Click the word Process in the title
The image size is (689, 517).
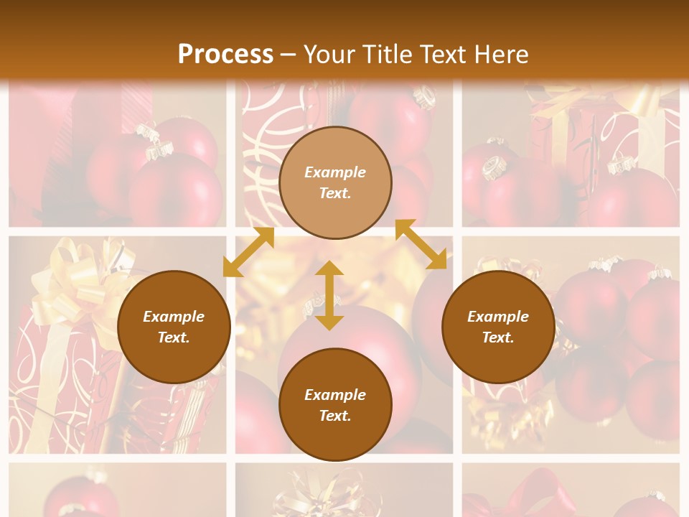[225, 55]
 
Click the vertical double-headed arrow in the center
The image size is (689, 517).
[329, 295]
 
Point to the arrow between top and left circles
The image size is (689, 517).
[248, 252]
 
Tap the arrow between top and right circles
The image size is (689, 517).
[421, 244]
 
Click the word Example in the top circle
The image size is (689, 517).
[335, 172]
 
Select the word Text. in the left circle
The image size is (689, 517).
[174, 337]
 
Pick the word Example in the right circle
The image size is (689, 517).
[498, 317]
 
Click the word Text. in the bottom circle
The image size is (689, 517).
[335, 416]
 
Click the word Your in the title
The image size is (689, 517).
[329, 55]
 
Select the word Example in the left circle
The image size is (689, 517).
[174, 317]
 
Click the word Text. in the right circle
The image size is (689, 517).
[498, 337]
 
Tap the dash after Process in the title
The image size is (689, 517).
[288, 55]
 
